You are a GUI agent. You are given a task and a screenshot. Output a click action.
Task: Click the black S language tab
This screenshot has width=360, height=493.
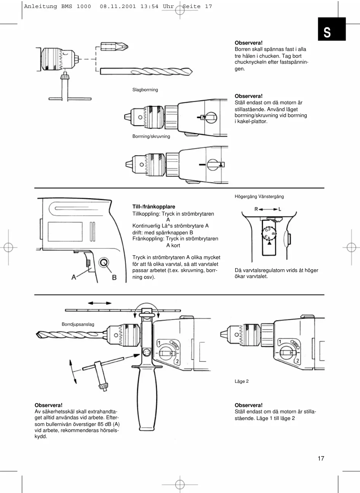tap(332, 30)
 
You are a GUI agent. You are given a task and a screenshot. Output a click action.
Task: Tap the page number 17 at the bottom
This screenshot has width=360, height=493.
tap(321, 458)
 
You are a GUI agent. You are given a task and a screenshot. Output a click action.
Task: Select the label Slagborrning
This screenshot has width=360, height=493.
tap(145, 90)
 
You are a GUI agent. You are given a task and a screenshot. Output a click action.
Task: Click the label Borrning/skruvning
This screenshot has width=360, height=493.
tap(151, 136)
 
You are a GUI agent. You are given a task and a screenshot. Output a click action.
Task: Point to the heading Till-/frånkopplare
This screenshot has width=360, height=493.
tap(154, 207)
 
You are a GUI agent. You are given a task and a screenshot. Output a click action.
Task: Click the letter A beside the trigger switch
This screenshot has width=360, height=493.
tap(74, 278)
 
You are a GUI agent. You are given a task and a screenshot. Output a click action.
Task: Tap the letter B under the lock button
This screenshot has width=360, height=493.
tap(114, 278)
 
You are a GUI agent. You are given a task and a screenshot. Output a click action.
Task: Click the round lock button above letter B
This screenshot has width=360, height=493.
tap(104, 262)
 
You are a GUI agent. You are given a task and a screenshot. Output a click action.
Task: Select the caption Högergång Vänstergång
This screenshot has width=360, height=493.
tap(259, 197)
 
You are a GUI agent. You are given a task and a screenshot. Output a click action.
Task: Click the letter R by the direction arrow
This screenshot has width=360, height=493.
tap(256, 209)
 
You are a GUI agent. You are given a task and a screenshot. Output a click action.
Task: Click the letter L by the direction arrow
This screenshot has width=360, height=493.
tap(280, 209)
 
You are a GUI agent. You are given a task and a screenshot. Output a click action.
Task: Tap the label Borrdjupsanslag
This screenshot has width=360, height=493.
tap(78, 324)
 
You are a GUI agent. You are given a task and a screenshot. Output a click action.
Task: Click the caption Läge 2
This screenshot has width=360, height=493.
tap(242, 381)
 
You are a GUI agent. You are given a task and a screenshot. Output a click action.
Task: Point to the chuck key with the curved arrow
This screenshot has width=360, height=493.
tap(99, 375)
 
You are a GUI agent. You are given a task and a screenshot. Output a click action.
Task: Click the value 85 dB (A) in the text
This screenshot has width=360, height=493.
tap(108, 424)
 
